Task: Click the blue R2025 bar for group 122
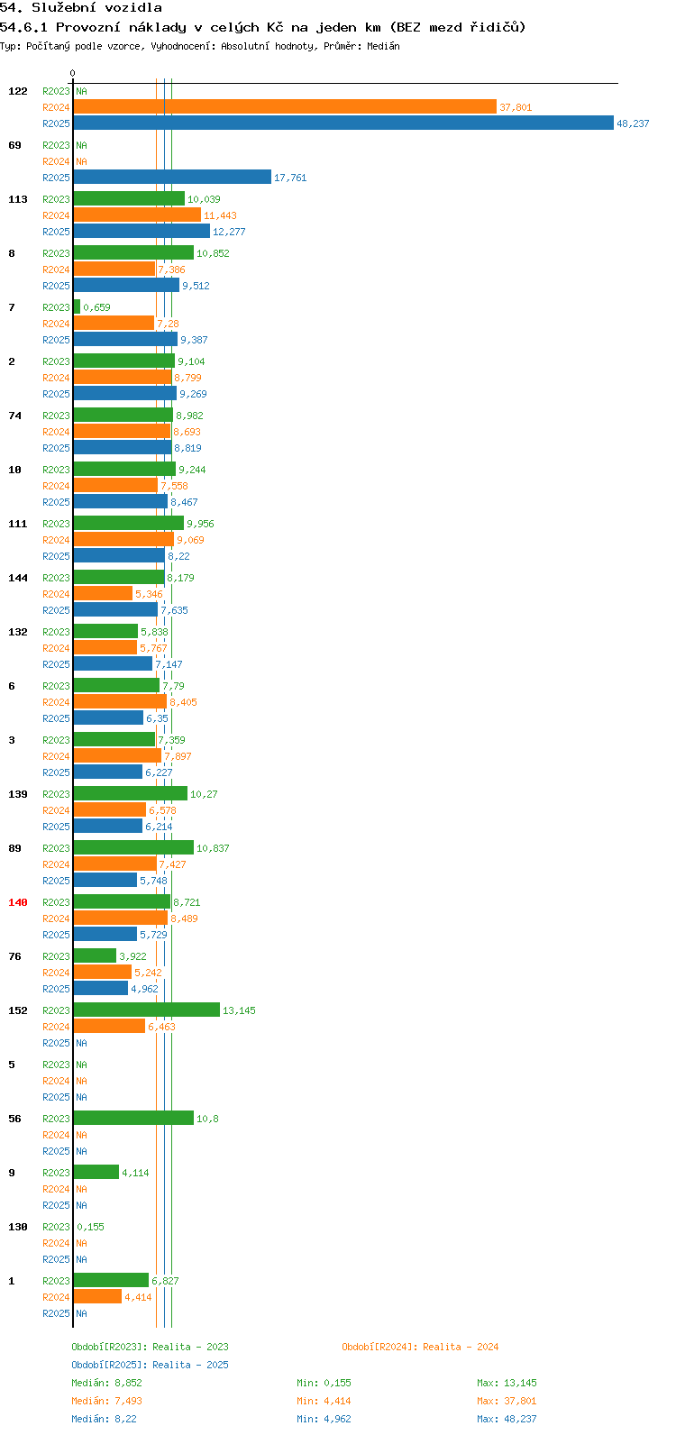click(343, 123)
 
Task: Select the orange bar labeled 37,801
click(285, 107)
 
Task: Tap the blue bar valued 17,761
click(172, 177)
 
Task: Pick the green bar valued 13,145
click(147, 1010)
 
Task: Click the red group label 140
click(18, 902)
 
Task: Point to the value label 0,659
click(96, 307)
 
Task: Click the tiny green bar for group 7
click(77, 306)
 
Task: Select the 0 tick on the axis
click(72, 73)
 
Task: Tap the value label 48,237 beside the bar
click(633, 123)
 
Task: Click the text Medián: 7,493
click(107, 1401)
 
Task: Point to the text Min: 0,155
click(324, 1383)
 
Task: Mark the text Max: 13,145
click(507, 1383)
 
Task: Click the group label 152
click(18, 1010)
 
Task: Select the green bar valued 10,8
click(134, 1118)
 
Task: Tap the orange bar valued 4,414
click(97, 1296)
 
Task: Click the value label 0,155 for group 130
click(90, 1227)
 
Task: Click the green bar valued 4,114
click(96, 1172)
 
